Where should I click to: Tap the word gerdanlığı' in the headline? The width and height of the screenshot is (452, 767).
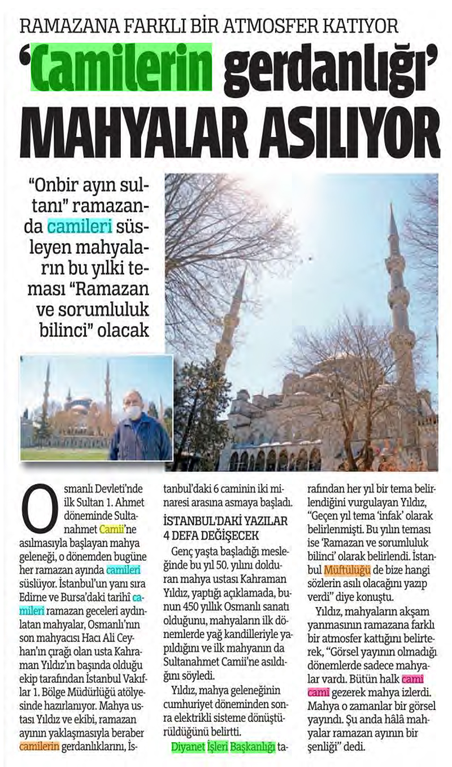[328, 71]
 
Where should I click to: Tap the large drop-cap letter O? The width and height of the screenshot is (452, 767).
[38, 509]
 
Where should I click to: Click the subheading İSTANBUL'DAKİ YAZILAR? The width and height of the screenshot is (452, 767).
[225, 520]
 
